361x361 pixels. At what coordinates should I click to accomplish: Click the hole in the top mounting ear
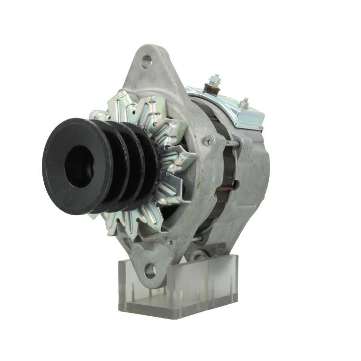click(146, 62)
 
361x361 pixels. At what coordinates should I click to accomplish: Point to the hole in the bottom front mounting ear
click(150, 271)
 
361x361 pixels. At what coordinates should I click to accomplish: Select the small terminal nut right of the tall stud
click(244, 103)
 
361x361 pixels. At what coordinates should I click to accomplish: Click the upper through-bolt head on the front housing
click(208, 141)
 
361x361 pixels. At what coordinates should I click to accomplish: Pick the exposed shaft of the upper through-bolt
click(231, 143)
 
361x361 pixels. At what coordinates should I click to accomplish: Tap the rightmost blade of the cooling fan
click(185, 159)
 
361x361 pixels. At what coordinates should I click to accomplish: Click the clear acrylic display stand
click(178, 289)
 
